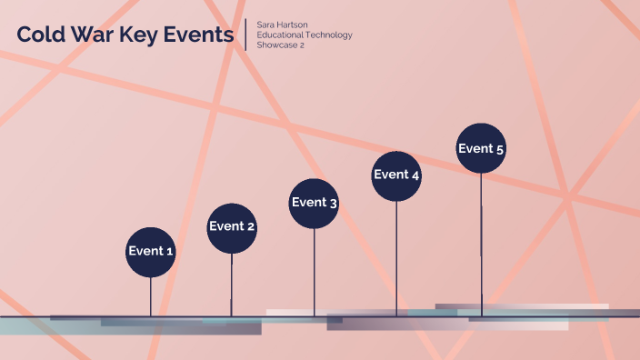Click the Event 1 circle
coord(150,252)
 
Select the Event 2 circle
coord(232,227)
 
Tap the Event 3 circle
coord(315,203)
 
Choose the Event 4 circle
coord(396,175)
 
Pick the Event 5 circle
coord(481,149)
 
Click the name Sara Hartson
coord(282,25)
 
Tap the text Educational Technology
coord(305,35)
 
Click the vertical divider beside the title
coord(246,35)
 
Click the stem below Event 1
coord(151,295)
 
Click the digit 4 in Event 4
coord(415,175)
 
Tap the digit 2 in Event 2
coord(251,227)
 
